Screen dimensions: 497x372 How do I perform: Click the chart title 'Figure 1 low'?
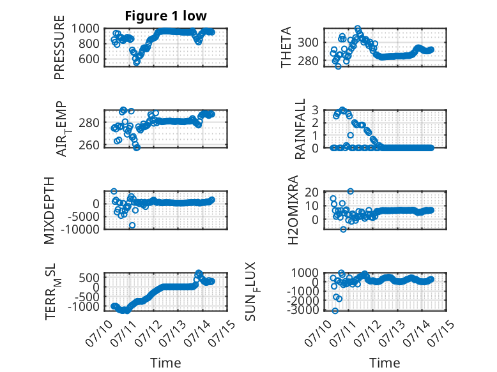pyautogui.click(x=165, y=16)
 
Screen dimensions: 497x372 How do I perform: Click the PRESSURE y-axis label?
pyautogui.click(x=59, y=47)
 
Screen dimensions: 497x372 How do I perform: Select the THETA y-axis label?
pyautogui.click(x=286, y=47)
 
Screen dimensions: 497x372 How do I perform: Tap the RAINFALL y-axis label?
pyautogui.click(x=300, y=129)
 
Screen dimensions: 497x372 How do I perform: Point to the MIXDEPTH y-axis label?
pyautogui.click(x=49, y=211)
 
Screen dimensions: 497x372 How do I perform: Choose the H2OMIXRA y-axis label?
pyautogui.click(x=293, y=210)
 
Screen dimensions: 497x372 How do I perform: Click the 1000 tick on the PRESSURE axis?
pyautogui.click(x=85, y=29)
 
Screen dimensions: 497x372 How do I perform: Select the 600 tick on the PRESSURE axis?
pyautogui.click(x=89, y=59)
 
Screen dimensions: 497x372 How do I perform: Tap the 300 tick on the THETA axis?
pyautogui.click(x=308, y=42)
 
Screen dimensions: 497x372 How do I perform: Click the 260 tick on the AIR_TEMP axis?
pyautogui.click(x=89, y=145)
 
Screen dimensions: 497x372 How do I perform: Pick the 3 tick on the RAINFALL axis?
pyautogui.click(x=315, y=110)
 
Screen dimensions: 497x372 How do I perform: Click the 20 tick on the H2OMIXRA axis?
pyautogui.click(x=312, y=192)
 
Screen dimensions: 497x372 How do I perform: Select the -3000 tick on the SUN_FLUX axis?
pyautogui.click(x=303, y=310)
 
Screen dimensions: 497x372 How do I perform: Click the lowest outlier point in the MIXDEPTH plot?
pyautogui.click(x=132, y=225)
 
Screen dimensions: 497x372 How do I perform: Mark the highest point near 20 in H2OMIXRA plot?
pyautogui.click(x=350, y=191)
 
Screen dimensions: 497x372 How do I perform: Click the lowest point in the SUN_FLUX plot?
pyautogui.click(x=335, y=311)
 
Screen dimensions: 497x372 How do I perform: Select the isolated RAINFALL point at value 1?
pyautogui.click(x=350, y=135)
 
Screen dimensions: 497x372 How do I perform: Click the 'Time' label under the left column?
pyautogui.click(x=165, y=362)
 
